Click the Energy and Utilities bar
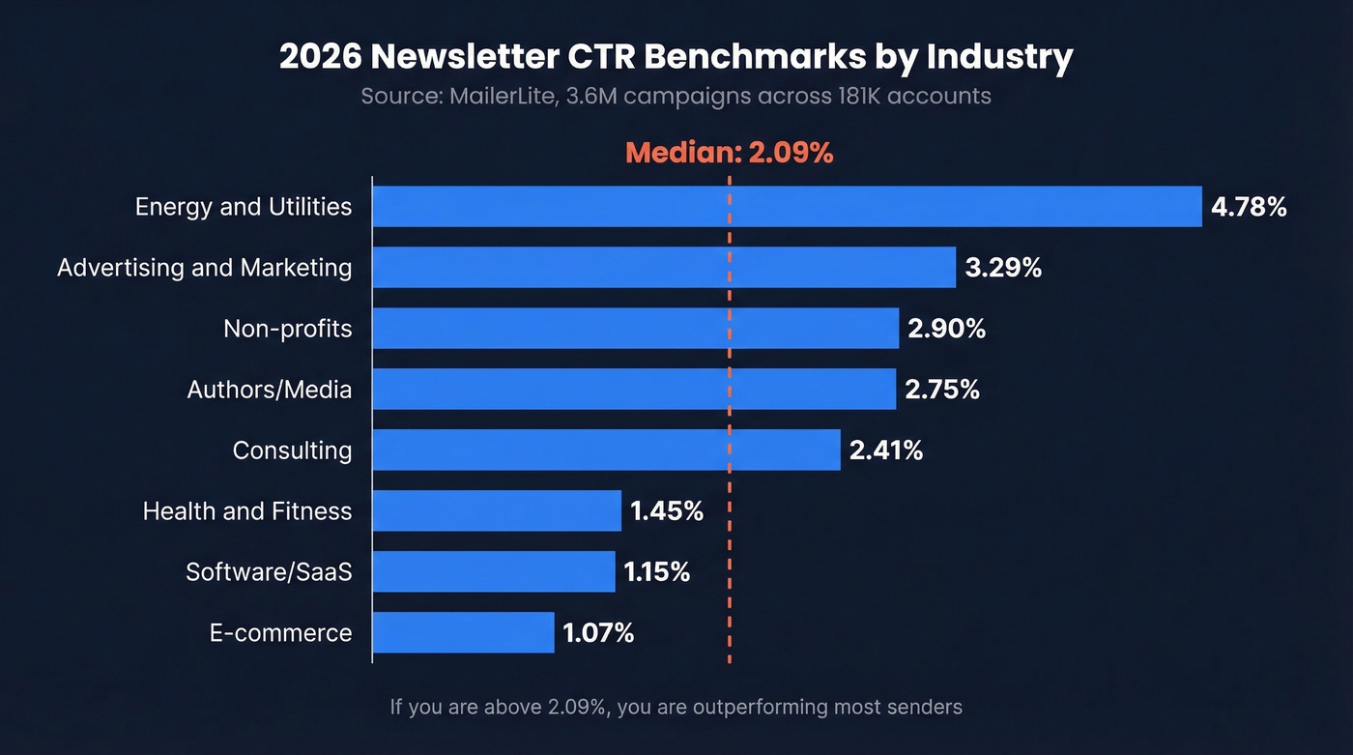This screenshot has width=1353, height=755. pos(787,206)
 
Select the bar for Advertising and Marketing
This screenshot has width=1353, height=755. pos(664,267)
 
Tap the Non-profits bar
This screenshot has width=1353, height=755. pos(635,328)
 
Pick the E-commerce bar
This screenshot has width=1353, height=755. pos(463,632)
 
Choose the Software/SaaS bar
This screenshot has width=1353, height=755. pos(493,571)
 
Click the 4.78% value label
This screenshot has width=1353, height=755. pos(1249,206)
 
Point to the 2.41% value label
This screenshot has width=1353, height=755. pos(886,450)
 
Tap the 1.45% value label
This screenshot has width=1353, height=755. pos(667,510)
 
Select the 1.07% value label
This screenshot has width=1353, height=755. pos(598,632)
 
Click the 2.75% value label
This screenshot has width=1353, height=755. pos(942,389)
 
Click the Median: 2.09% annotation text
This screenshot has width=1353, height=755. pos(729,153)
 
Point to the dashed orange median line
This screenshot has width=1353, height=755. pos(729,541)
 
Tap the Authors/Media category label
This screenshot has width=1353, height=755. pos(269,390)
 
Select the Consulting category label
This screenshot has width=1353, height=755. pos(292,450)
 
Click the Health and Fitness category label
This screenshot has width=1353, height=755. pos(247,510)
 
